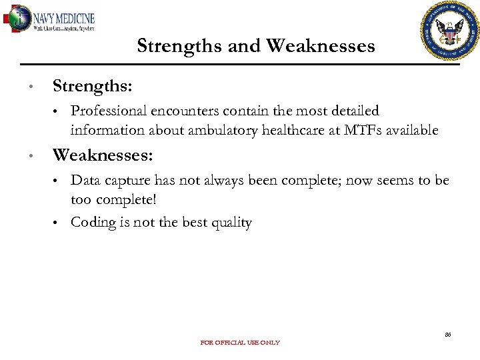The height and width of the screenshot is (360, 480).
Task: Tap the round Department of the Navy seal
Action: point(451,31)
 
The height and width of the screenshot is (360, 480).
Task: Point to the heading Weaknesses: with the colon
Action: point(103,155)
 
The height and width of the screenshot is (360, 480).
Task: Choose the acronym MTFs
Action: point(364,130)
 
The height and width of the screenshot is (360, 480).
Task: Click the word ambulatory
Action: point(219,130)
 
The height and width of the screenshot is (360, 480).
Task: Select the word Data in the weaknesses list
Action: point(85,181)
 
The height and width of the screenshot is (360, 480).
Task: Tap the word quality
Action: point(229,223)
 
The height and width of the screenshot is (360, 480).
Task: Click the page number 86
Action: point(447,334)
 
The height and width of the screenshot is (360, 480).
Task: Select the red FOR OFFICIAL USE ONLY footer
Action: point(240,343)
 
